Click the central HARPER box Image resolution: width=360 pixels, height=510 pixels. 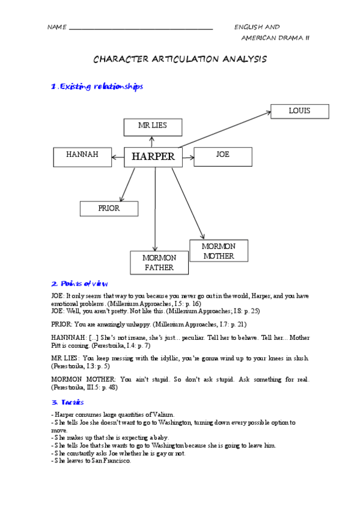pyautogui.click(x=153, y=157)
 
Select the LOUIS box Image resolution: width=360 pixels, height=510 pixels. pyautogui.click(x=299, y=111)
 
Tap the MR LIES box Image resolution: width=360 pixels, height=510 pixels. pyautogui.click(x=153, y=126)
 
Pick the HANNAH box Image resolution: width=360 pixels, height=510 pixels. pyautogui.click(x=82, y=156)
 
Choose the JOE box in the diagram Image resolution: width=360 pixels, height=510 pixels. pyautogui.click(x=222, y=156)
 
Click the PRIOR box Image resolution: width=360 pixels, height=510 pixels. pyautogui.click(x=109, y=209)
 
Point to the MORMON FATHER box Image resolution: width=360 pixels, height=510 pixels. pyautogui.click(x=159, y=263)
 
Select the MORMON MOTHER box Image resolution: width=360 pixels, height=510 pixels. pyautogui.click(x=218, y=251)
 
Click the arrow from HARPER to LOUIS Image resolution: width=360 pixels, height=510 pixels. pyautogui.click(x=225, y=129)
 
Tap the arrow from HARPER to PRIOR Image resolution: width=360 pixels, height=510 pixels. pyautogui.click(x=127, y=185)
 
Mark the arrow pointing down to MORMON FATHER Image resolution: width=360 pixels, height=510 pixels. pyautogui.click(x=155, y=210)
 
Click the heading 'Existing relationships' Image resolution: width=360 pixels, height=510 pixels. pyautogui.click(x=97, y=87)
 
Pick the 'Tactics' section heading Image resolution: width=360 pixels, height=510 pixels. pyautogui.click(x=67, y=402)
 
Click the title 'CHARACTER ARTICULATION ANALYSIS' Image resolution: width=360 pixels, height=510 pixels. pyautogui.click(x=180, y=60)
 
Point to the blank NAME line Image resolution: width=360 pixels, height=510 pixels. pyautogui.click(x=141, y=28)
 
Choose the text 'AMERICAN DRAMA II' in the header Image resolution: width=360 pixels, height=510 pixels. pyautogui.click(x=275, y=37)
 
